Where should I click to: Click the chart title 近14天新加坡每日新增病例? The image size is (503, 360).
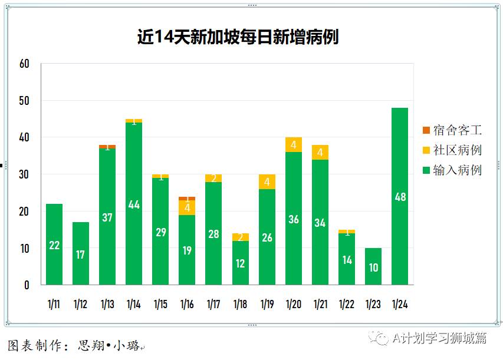(x=238, y=37)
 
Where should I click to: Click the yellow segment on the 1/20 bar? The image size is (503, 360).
(x=294, y=144)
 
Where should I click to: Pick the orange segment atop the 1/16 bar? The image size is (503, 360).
(x=187, y=199)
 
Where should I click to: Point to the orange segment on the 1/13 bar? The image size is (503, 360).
(x=107, y=146)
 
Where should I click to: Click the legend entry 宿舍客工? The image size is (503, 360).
(x=452, y=130)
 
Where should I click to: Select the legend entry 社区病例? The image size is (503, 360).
(x=452, y=150)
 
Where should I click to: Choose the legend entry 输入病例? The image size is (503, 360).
(x=452, y=170)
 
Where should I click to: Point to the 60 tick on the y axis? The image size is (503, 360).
(x=24, y=64)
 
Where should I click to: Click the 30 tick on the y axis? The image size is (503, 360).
(x=24, y=174)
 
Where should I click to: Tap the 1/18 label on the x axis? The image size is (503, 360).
(x=240, y=305)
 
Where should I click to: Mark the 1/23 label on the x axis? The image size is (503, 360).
(x=373, y=305)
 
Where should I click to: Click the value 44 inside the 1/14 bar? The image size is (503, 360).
(x=134, y=205)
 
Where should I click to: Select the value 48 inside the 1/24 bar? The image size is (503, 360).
(x=400, y=197)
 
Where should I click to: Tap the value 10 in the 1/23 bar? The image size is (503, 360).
(x=373, y=267)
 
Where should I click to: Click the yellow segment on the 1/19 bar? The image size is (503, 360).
(x=267, y=181)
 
